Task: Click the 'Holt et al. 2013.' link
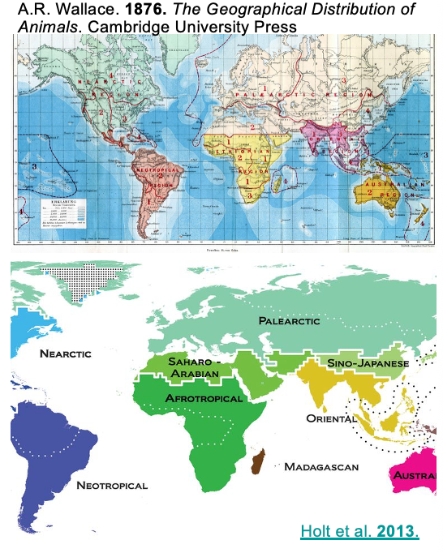coord(359,532)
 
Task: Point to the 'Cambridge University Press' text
coord(202,27)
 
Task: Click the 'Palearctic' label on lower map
coord(290,321)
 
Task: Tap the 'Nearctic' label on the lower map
coord(65,354)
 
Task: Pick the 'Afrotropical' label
coord(204,399)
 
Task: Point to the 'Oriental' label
coord(331,418)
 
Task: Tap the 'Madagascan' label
coord(321,466)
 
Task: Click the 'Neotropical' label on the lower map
coord(112,485)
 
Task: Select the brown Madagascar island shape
coord(260,464)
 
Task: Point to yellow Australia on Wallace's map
coord(382,186)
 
